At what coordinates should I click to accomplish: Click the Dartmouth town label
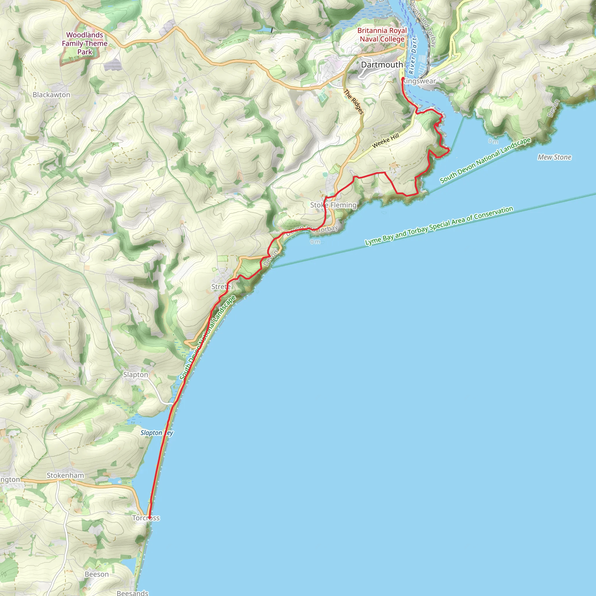coord(382,65)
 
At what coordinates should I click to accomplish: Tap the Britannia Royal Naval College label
coord(382,35)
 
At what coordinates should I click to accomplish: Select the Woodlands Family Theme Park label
coord(84,43)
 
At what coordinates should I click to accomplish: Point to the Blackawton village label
coord(52,95)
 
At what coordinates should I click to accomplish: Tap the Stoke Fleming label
coord(333,205)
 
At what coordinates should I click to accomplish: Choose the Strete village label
coord(221,287)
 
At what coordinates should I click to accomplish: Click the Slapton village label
coord(136,375)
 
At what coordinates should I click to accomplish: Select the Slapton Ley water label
coord(157,433)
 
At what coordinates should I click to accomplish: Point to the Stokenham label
coord(65,476)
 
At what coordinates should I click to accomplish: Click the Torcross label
coord(146,518)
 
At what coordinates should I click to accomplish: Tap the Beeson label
coord(97,574)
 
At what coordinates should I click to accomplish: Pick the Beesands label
coord(132,593)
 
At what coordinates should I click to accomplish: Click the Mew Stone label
coord(554,157)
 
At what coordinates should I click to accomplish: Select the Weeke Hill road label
coord(386,141)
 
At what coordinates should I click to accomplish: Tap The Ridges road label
coord(354,102)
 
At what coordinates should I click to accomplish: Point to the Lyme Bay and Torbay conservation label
coord(439,226)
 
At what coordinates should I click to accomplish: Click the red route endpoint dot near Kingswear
coord(403,79)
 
